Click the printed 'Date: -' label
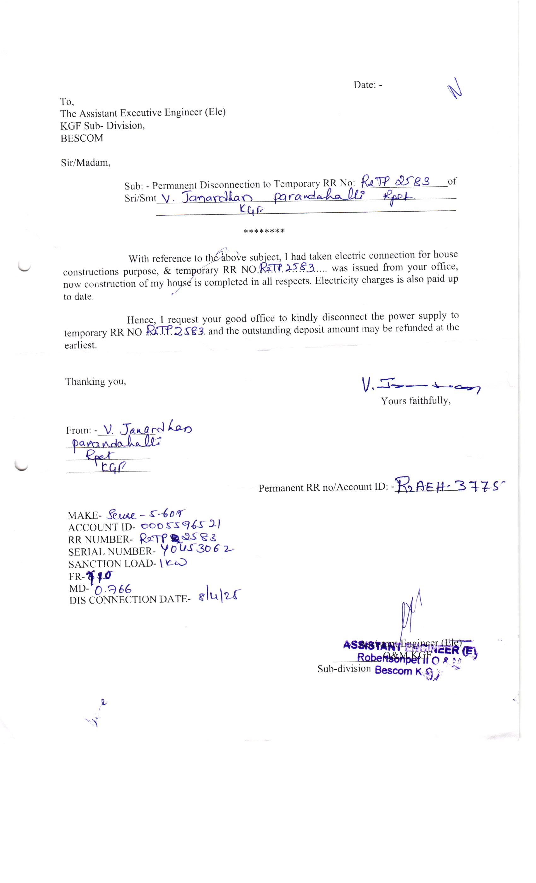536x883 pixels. (368, 85)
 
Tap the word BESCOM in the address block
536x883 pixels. (82, 138)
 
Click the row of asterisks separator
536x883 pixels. (264, 231)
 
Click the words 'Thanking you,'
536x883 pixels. (95, 382)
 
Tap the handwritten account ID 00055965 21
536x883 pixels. (181, 526)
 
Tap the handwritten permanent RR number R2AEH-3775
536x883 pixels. (449, 486)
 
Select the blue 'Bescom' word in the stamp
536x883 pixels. (393, 670)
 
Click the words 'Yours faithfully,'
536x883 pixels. (415, 401)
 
